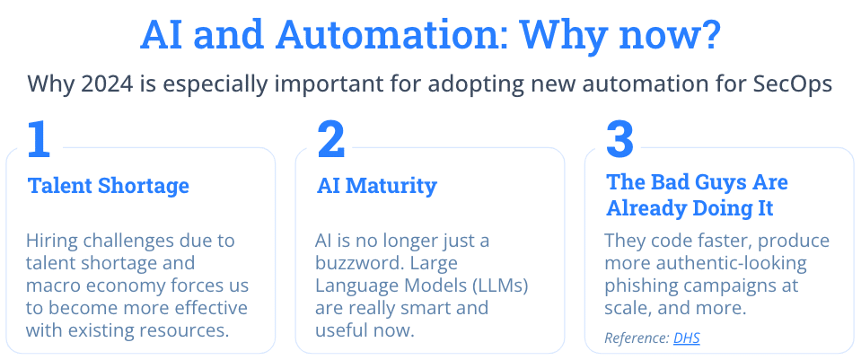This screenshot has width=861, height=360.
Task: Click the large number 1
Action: (x=39, y=139)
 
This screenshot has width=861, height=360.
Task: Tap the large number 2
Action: (x=330, y=139)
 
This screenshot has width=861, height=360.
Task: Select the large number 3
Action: (x=619, y=139)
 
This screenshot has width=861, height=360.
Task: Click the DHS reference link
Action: (x=687, y=338)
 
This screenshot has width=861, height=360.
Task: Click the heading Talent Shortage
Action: (x=108, y=186)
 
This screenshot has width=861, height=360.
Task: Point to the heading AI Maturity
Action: (x=377, y=186)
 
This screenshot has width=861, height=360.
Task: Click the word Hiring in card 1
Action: (x=50, y=241)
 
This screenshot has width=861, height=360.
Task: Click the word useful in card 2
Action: (x=338, y=330)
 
